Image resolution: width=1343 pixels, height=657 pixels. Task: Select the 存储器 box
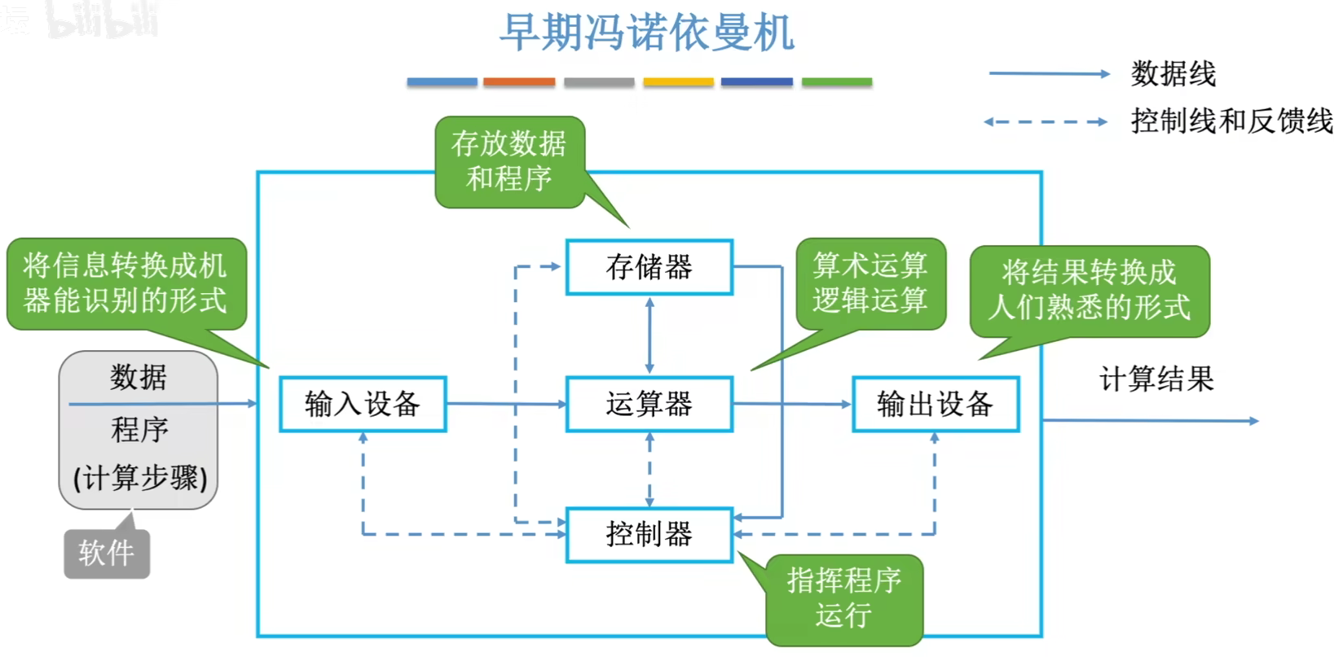tap(649, 267)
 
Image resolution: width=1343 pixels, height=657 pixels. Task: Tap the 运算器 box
tap(649, 404)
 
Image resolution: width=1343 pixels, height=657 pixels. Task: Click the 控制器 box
tap(649, 534)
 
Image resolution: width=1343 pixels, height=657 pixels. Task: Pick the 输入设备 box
tap(363, 404)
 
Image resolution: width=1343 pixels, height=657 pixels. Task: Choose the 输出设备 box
tap(936, 404)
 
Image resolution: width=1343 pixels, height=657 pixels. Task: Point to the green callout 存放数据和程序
tap(509, 161)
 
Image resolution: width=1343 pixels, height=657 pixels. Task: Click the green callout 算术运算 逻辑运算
tap(870, 283)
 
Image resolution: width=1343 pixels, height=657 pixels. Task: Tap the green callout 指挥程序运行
tap(844, 598)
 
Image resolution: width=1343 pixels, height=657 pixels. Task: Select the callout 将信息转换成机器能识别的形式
tap(125, 283)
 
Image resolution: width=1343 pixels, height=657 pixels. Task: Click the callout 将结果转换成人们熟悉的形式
tap(1090, 290)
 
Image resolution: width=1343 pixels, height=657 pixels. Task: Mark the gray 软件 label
tap(107, 554)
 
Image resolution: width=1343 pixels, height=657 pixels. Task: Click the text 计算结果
tap(1156, 379)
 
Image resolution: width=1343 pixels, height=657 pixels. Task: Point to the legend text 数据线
tap(1173, 74)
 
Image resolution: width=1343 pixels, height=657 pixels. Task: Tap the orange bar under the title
tap(519, 82)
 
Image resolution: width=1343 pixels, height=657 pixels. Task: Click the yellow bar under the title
tap(678, 82)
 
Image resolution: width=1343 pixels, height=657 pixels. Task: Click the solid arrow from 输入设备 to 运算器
tap(506, 404)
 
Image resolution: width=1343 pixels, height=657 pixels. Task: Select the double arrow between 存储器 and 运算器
tap(649, 335)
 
